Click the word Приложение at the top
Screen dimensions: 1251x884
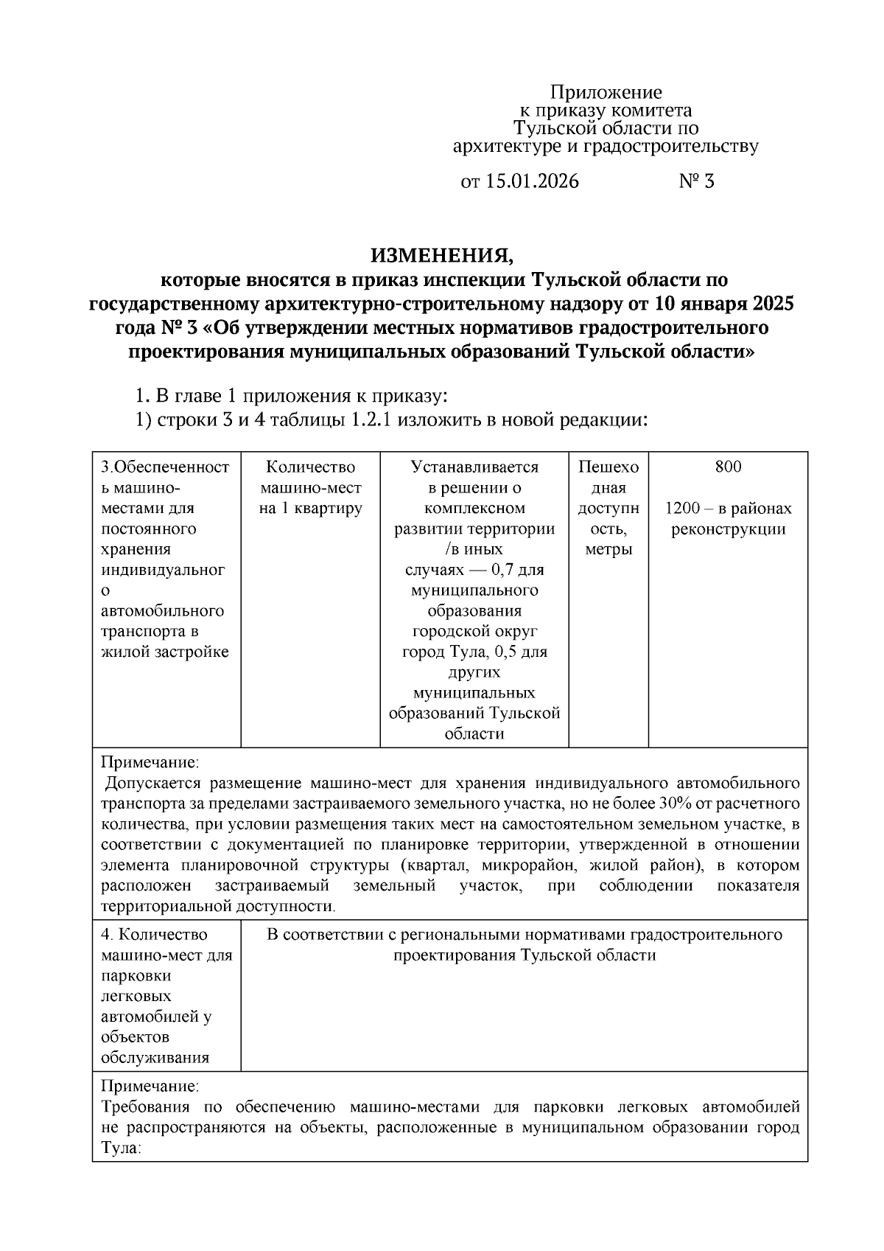(x=606, y=92)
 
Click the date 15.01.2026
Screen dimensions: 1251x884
(x=531, y=181)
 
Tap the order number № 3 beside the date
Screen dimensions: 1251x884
(x=696, y=181)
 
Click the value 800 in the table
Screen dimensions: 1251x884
(x=728, y=467)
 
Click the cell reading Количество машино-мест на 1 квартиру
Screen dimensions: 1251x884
(x=310, y=487)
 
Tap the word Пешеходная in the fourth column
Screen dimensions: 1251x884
(x=608, y=477)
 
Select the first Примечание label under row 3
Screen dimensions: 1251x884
(x=150, y=762)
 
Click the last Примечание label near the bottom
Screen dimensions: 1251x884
(x=150, y=1087)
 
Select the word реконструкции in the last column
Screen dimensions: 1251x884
(x=728, y=529)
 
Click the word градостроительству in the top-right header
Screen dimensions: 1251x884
(x=671, y=146)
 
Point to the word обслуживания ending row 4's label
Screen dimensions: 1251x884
(x=155, y=1058)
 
